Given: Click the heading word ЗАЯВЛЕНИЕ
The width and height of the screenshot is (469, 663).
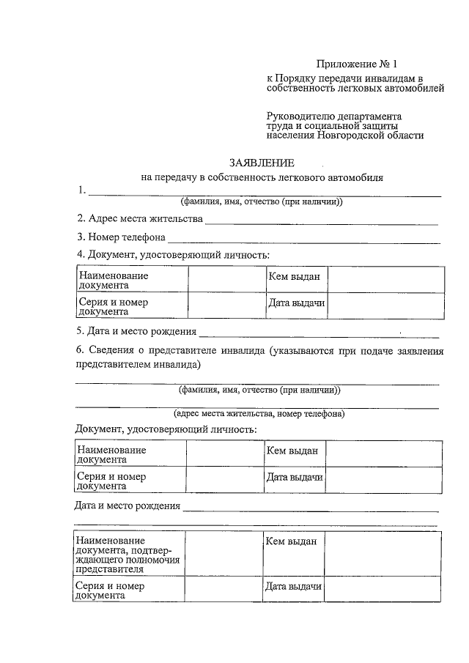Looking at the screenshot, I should [x=262, y=162].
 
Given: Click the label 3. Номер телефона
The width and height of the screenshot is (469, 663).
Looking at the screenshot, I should [x=121, y=237].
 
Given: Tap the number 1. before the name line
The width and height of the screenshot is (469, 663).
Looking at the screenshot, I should [x=82, y=190].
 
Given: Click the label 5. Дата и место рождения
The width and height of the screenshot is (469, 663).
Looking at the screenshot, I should [x=136, y=330].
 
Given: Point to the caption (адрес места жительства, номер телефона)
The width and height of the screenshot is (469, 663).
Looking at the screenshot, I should [x=259, y=413].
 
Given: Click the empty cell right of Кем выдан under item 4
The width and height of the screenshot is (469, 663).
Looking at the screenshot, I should [x=385, y=279].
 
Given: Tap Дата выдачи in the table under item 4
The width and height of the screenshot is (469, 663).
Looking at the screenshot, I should [x=296, y=304].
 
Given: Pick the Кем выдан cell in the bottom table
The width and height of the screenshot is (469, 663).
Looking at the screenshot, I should [x=292, y=541].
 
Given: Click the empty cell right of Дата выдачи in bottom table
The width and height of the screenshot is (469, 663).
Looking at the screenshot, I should [x=382, y=590].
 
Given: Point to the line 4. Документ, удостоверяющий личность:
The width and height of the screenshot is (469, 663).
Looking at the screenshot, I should [x=173, y=254].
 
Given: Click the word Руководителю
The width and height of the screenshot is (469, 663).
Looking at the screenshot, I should [x=301, y=116].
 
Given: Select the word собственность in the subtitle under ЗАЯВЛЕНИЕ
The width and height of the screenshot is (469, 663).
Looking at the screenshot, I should [x=237, y=177].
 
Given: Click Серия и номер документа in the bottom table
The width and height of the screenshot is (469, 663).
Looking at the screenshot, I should [x=111, y=590].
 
